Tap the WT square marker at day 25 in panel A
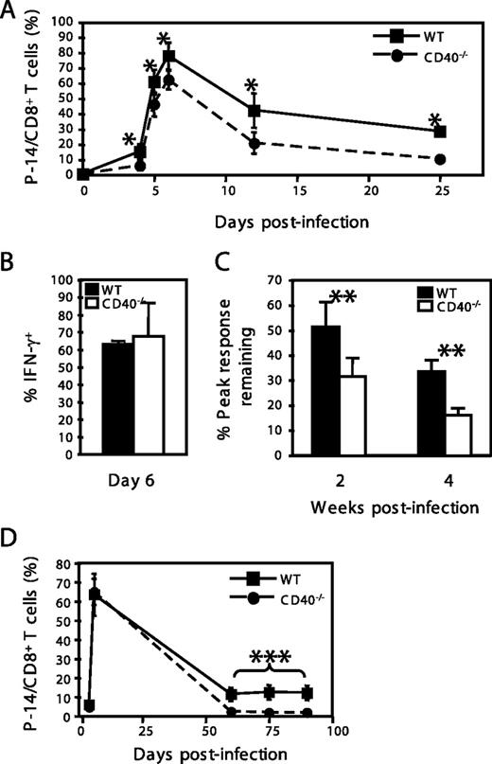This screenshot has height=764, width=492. [440, 132]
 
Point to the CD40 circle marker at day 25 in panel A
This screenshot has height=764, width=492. [440, 159]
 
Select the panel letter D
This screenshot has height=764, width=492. [13, 547]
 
